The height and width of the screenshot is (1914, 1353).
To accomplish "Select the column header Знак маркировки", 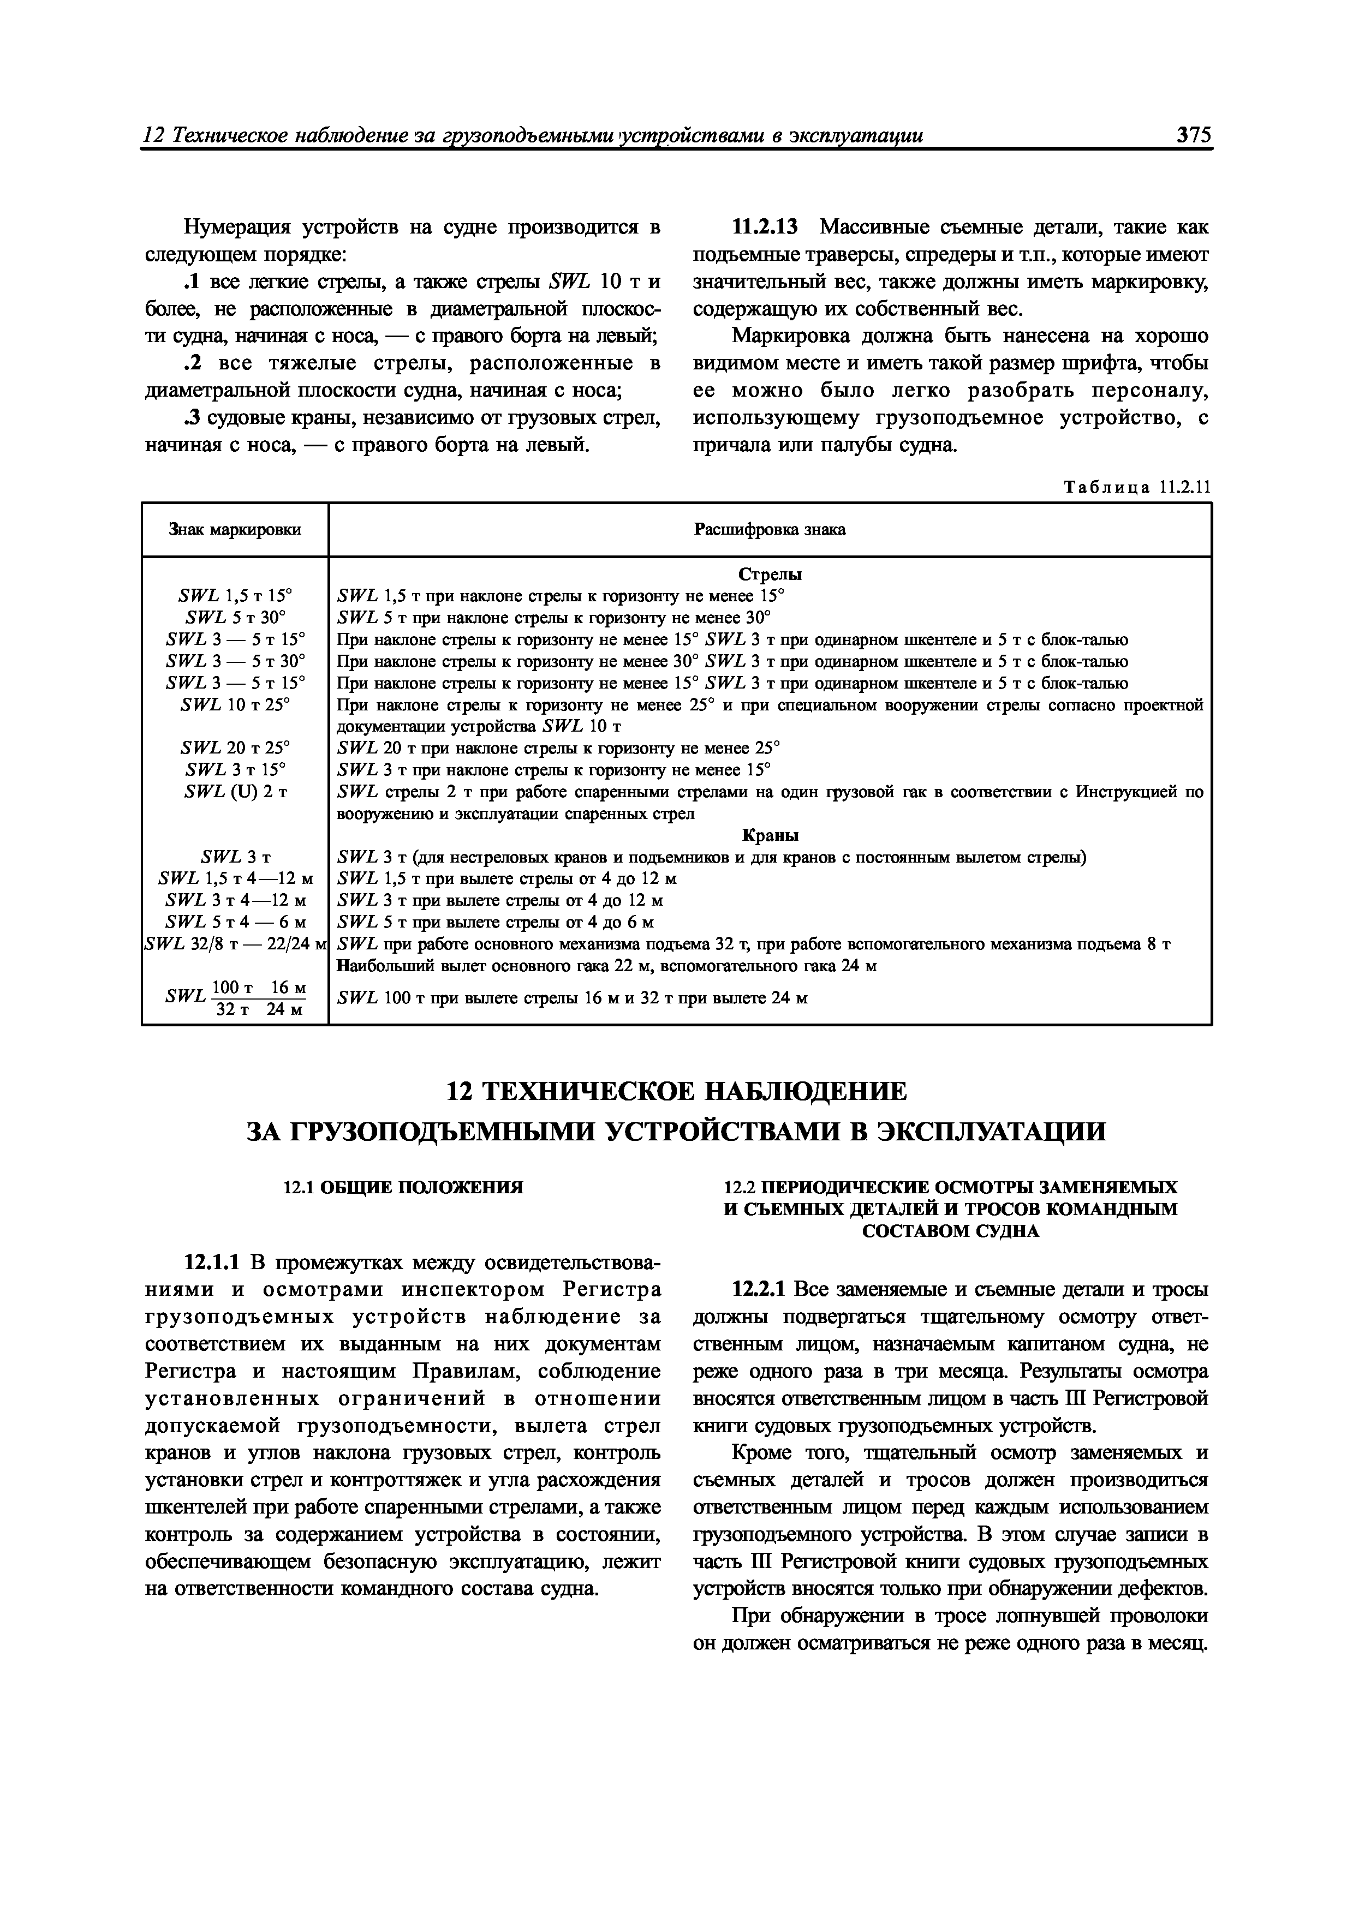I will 235,529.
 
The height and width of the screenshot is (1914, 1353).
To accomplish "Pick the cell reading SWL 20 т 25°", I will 235,748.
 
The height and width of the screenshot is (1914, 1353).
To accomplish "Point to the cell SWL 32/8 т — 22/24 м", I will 235,944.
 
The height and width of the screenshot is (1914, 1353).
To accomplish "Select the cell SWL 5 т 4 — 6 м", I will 235,922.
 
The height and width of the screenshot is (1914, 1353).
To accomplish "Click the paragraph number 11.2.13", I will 764,227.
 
